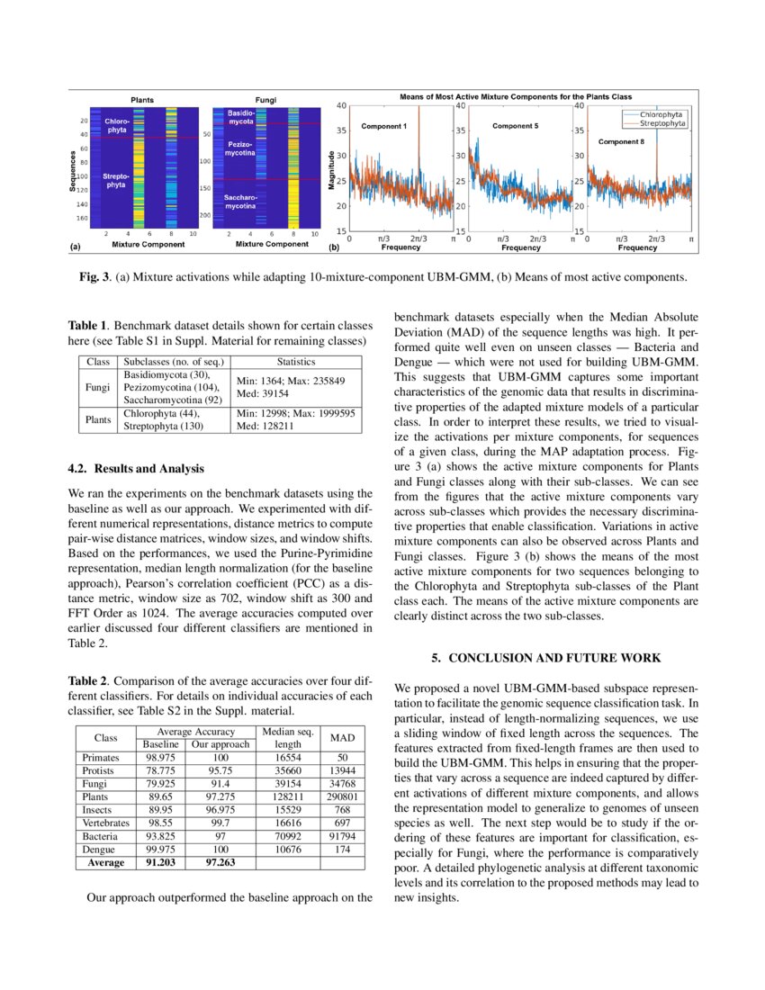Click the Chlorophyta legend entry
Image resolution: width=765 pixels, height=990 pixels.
click(x=661, y=115)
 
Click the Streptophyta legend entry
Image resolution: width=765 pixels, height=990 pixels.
click(x=661, y=123)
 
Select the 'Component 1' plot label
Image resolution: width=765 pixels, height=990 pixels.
click(x=384, y=127)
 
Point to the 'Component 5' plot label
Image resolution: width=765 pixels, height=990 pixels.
click(x=515, y=126)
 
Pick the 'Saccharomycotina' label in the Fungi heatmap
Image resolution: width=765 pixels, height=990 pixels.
click(x=240, y=202)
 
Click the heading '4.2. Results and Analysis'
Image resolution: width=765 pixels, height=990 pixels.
click(x=136, y=468)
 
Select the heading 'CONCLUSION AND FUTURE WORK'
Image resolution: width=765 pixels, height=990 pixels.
click(x=554, y=658)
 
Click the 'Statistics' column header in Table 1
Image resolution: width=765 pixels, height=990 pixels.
click(x=295, y=361)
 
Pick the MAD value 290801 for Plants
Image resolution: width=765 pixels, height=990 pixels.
click(x=342, y=796)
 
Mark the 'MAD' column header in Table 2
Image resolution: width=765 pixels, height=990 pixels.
click(x=342, y=738)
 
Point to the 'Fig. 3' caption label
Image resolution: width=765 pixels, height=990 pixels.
click(x=95, y=276)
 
